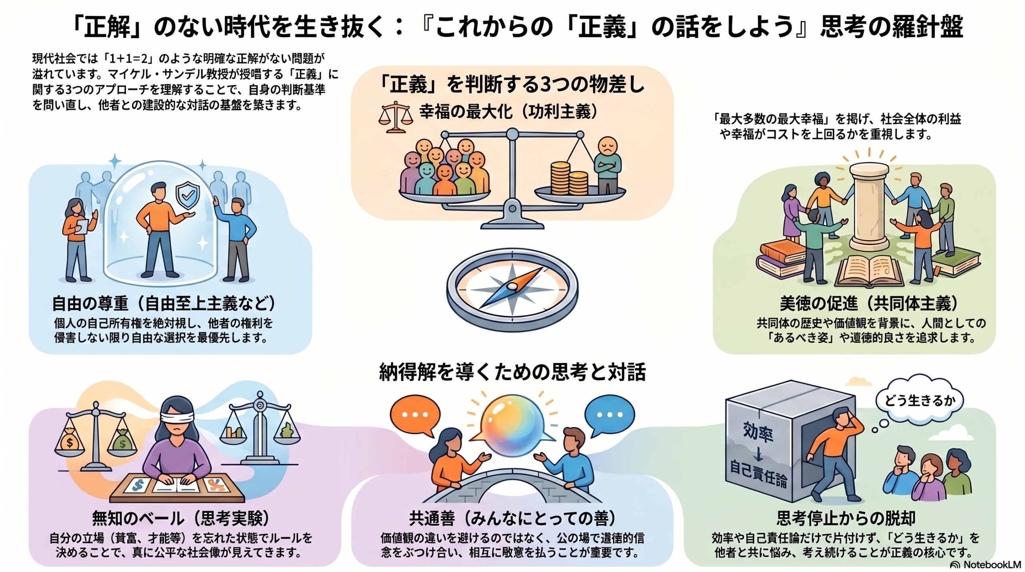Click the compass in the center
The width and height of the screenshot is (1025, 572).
click(x=512, y=289)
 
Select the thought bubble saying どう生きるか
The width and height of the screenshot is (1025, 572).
click(x=919, y=400)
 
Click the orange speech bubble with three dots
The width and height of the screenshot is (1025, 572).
click(x=415, y=415)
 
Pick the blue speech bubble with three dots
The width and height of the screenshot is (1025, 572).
click(x=609, y=415)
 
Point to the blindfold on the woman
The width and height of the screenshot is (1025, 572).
click(x=177, y=416)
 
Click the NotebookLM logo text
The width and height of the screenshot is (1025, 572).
click(x=991, y=564)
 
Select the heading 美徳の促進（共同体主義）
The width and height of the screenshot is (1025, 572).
click(x=869, y=304)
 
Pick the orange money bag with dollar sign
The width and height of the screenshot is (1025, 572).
click(x=70, y=442)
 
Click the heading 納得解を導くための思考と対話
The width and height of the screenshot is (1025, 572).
click(x=512, y=371)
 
